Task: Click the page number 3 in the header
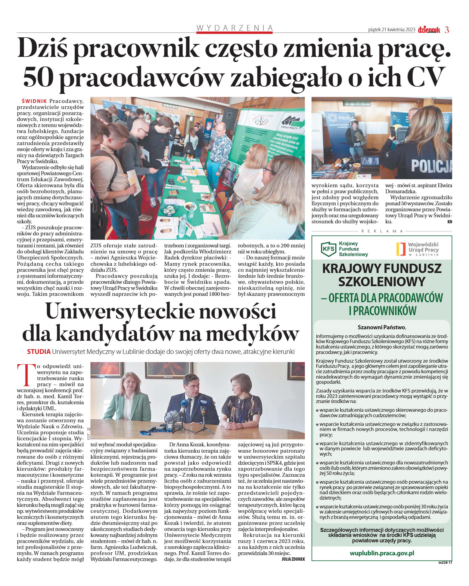(447, 30)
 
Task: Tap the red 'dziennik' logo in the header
(429, 30)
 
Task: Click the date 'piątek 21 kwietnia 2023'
(392, 30)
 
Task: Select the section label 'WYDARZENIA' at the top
(234, 28)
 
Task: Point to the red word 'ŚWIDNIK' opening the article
(34, 101)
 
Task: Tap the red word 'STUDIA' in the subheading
(39, 352)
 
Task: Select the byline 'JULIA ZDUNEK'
(293, 559)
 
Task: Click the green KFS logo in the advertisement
(328, 249)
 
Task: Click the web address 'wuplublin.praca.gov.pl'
(382, 553)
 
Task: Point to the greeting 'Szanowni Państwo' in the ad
(382, 327)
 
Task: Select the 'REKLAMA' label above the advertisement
(382, 231)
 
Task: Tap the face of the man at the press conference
(191, 384)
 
